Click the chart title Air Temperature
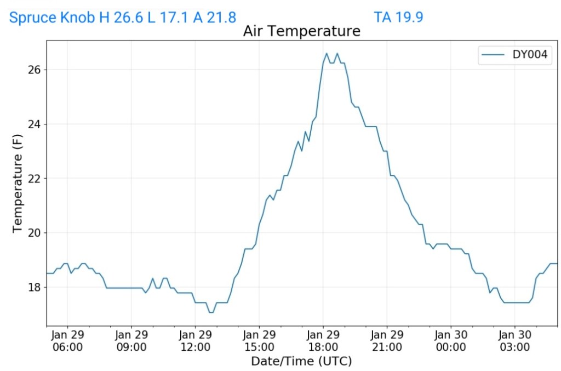tap(301, 31)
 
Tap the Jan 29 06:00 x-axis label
tap(67, 340)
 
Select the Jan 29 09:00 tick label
tap(131, 340)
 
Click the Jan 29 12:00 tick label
tap(196, 340)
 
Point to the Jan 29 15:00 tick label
tap(259, 340)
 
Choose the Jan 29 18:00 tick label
tap(323, 340)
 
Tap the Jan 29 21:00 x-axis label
tap(387, 340)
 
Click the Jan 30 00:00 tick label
tap(451, 340)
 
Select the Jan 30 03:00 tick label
tap(515, 340)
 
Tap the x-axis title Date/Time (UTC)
tap(301, 361)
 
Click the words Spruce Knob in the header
tap(52, 18)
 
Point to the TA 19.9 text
tap(398, 18)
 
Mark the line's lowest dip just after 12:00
tap(211, 312)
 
